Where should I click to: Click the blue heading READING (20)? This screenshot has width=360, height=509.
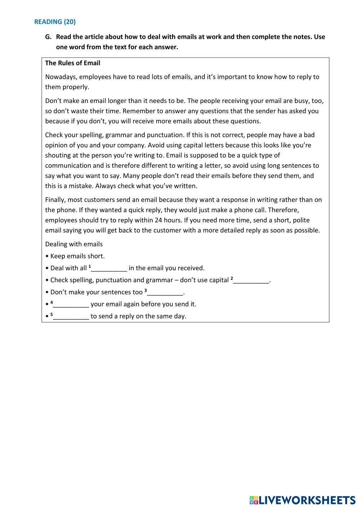[x=55, y=22]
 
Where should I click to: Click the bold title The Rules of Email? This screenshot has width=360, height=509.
[x=72, y=63]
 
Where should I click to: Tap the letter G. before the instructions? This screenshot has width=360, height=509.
[x=48, y=37]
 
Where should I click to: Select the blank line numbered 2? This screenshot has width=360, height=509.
[x=251, y=280]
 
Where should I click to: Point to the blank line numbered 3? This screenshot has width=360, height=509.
[x=165, y=292]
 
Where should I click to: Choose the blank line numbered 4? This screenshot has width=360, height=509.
[x=71, y=304]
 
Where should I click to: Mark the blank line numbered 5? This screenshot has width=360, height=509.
[x=71, y=316]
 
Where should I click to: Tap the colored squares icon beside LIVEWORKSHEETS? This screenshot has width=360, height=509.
[x=254, y=500]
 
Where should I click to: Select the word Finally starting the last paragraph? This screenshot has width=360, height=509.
[x=55, y=200]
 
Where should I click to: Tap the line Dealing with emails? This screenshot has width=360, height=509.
[x=74, y=244]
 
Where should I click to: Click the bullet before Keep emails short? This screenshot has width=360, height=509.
[x=47, y=256]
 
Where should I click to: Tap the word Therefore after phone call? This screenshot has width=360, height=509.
[x=283, y=210]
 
